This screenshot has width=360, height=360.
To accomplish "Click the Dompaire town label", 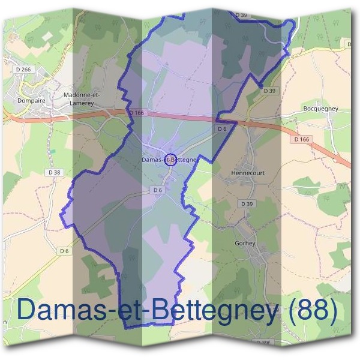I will coord(32,101).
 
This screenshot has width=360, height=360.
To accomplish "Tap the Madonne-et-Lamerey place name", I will coord(83,98).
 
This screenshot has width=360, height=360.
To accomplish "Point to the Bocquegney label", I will coord(321,109).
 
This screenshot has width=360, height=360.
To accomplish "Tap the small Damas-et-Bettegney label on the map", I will coord(170,160).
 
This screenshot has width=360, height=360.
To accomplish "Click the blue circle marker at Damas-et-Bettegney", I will coord(170,159).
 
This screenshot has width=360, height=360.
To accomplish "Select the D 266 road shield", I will coord(24,70).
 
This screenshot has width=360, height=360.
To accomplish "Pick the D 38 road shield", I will coord(54,172).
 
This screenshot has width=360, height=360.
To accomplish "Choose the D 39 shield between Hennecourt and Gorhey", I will coord(247,203).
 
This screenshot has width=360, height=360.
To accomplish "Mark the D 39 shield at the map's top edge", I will coord(241,14).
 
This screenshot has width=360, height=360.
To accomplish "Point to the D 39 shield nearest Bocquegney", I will coord(269,91).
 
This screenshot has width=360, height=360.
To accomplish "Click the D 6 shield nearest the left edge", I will coord(64,250).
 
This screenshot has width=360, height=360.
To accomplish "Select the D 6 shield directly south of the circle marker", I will coord(157,190).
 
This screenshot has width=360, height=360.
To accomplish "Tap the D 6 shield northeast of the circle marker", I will coord(222,128).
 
